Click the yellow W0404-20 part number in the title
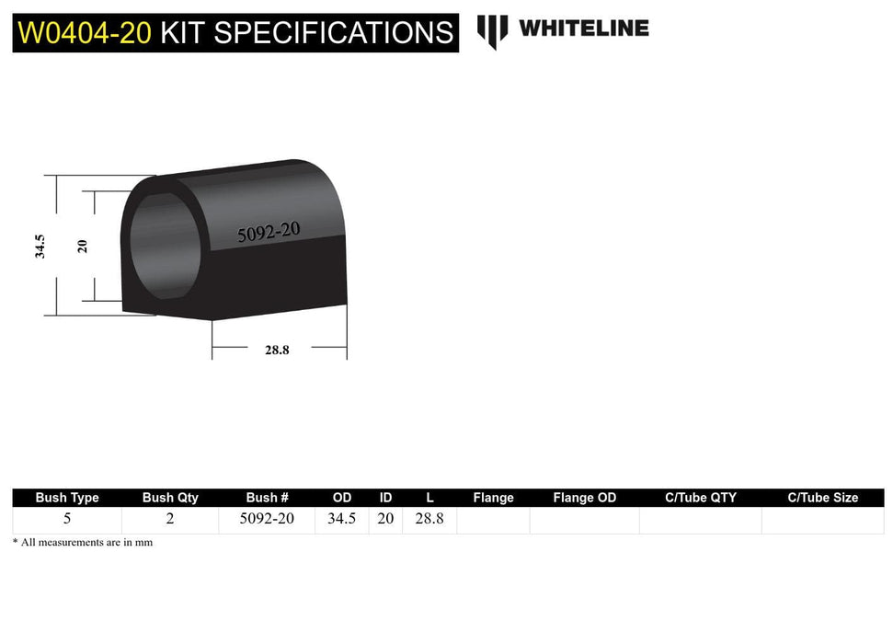click(x=85, y=33)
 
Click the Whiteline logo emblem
click(x=492, y=31)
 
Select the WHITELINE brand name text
click(x=583, y=29)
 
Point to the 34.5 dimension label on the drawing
click(x=40, y=246)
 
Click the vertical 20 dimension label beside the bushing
click(x=83, y=246)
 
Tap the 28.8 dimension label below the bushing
click(x=276, y=350)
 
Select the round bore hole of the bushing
click(x=164, y=243)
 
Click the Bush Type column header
click(x=67, y=498)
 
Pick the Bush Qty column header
click(x=170, y=498)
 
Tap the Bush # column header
click(x=267, y=498)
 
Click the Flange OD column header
click(x=584, y=498)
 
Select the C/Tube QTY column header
click(x=700, y=498)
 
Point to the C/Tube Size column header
click(x=822, y=498)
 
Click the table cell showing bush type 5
click(x=67, y=519)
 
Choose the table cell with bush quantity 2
click(x=170, y=519)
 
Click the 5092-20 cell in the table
click(x=267, y=519)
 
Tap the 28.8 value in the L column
click(x=429, y=519)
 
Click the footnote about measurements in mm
click(x=83, y=543)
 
